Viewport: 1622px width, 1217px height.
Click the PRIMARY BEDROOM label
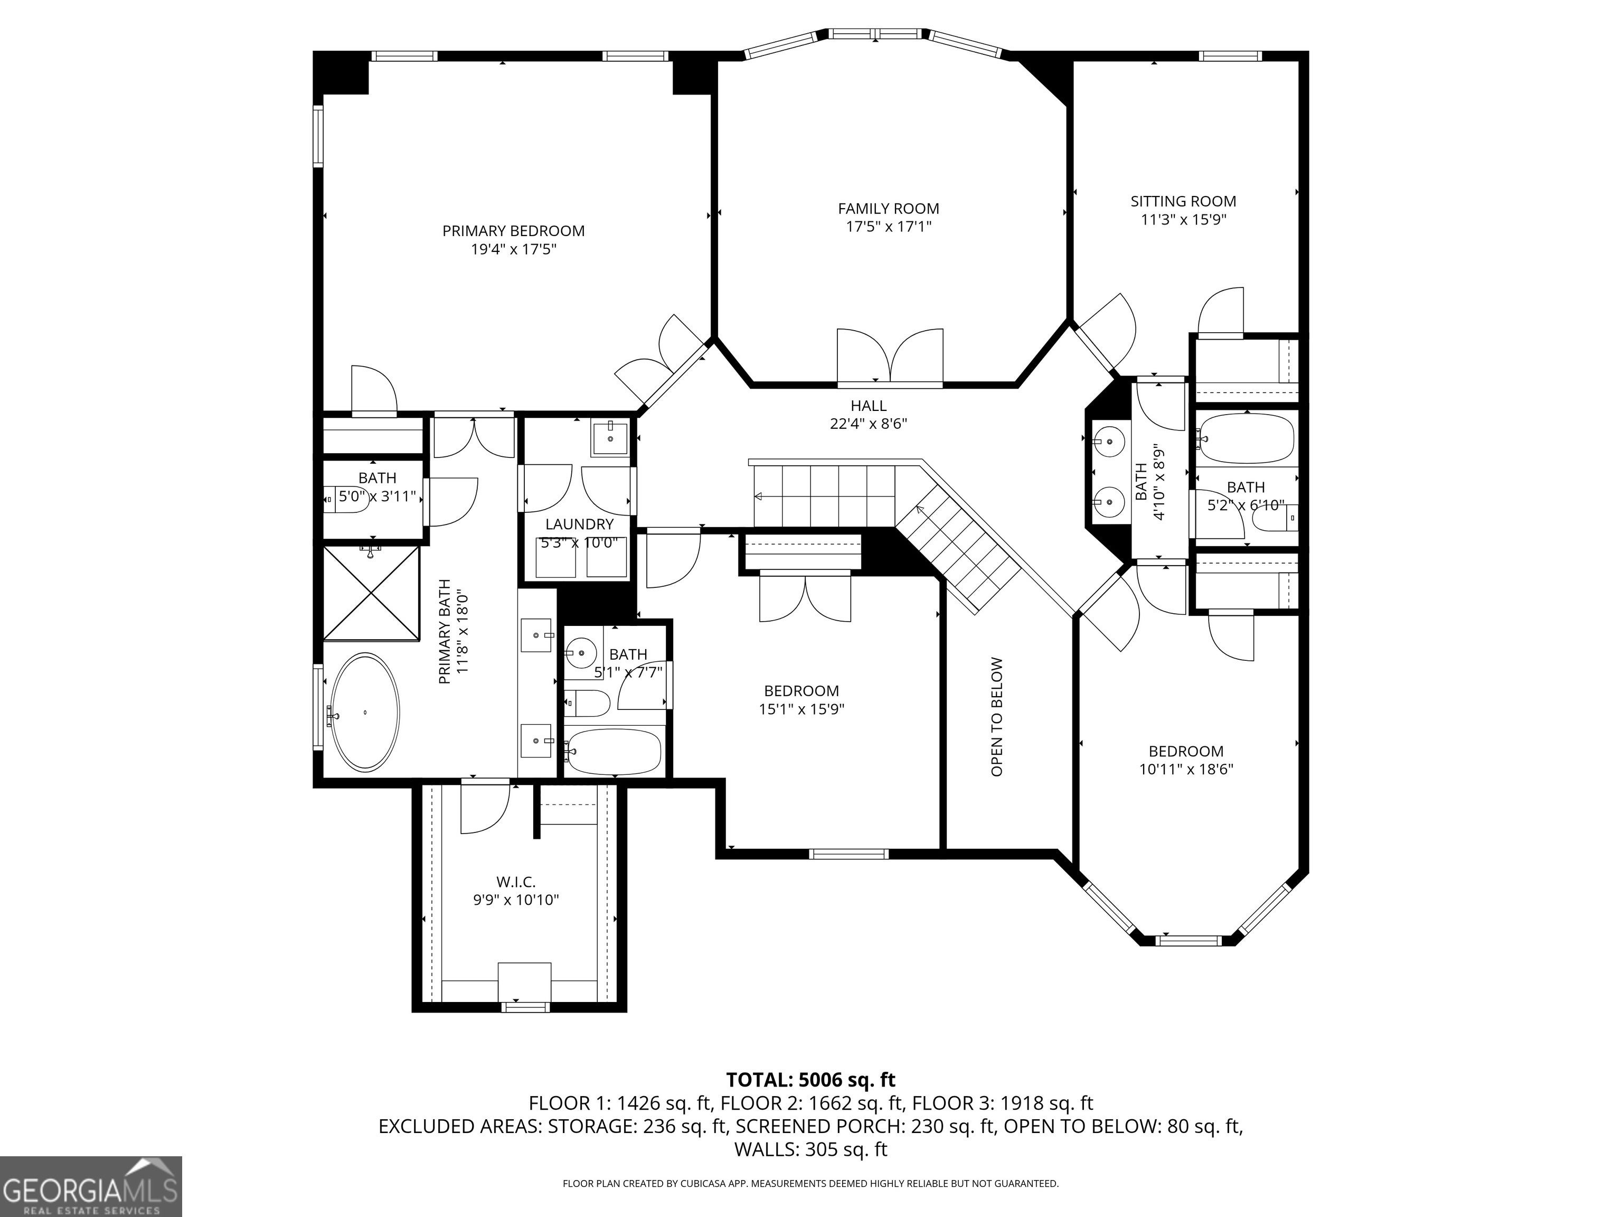[x=513, y=231]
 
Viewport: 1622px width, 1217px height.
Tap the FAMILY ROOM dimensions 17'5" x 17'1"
[x=889, y=227]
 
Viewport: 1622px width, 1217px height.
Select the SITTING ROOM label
[x=1183, y=201]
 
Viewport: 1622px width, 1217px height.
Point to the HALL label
[x=868, y=406]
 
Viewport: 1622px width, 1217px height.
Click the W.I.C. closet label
[x=515, y=882]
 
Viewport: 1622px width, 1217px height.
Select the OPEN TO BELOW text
[x=996, y=717]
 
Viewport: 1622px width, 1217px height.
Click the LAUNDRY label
[x=579, y=525]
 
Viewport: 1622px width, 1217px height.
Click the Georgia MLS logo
[x=91, y=1186]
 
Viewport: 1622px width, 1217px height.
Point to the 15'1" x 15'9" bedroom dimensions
[x=801, y=709]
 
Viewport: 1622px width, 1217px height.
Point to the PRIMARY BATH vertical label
[x=452, y=636]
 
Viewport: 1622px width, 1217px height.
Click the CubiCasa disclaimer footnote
[x=810, y=1183]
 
